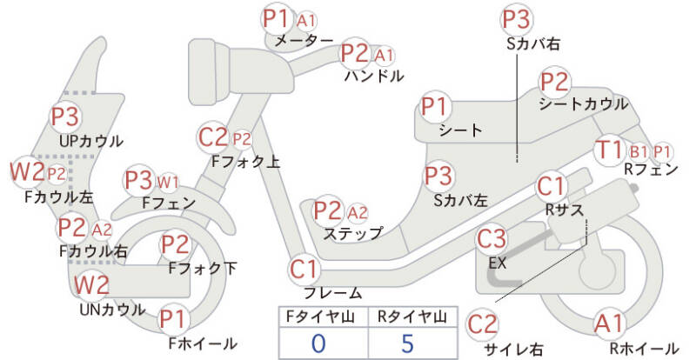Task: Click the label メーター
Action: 304,41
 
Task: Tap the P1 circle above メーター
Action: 277,18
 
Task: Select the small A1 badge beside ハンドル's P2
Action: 384,55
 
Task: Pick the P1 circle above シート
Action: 435,108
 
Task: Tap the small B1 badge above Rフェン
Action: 639,150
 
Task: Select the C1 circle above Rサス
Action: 552,185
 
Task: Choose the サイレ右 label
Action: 513,349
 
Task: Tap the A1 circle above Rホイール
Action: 609,324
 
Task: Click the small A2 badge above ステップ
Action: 358,212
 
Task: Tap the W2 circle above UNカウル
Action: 90,284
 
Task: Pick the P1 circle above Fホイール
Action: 172,319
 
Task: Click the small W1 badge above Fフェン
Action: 168,182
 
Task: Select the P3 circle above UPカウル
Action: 65,117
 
